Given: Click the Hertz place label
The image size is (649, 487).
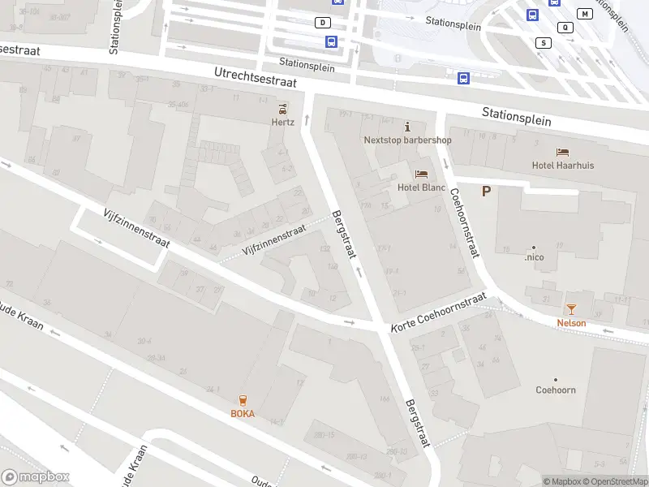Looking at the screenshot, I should click(282, 122).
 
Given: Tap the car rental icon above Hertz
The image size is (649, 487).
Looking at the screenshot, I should click(282, 109).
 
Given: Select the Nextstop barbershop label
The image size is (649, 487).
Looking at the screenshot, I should click(407, 140).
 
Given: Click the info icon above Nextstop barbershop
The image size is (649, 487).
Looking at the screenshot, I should click(407, 127).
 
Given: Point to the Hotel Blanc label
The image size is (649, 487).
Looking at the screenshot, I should click(422, 187).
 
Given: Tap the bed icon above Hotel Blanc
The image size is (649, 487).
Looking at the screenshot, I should click(421, 174).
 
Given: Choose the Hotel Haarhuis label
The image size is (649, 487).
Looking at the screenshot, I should click(563, 166).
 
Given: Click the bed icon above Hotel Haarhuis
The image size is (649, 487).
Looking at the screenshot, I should click(562, 152).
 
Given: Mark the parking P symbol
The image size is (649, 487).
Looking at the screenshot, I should click(487, 192).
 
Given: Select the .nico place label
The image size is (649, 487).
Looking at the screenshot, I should click(534, 257).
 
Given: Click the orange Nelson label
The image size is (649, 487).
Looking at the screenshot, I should click(571, 322).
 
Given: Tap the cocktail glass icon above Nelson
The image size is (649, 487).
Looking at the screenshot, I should click(571, 308).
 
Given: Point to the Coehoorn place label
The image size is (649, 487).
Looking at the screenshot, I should click(556, 390).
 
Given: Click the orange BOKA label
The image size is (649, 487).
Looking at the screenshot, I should click(243, 413).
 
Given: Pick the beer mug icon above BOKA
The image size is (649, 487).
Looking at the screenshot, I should click(243, 399).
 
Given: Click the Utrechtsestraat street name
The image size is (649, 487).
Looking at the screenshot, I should click(256, 77).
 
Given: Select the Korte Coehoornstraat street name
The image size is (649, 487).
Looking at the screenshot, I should click(438, 312).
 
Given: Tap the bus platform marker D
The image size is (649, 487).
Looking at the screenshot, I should click(324, 23).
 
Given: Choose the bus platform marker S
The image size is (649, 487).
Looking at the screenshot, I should click(544, 42).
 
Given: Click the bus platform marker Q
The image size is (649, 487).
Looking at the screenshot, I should click(565, 27).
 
